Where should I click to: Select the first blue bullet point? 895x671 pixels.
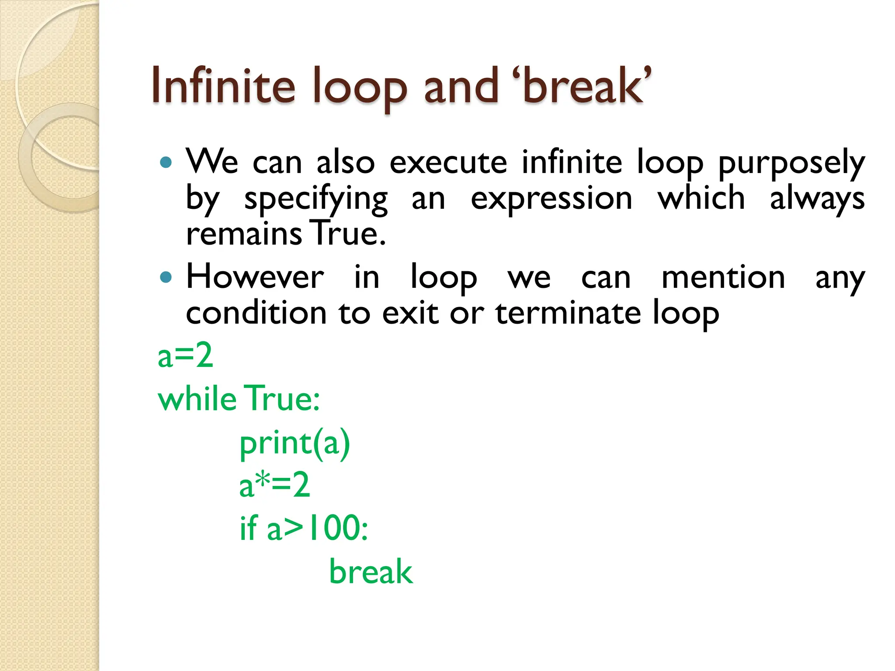pos(166,163)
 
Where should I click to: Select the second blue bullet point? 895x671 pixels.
pos(166,277)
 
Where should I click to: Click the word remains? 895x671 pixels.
pos(244,234)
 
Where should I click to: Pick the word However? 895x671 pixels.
pos(255,277)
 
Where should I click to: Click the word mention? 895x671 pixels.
pos(723,277)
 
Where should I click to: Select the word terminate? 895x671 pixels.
pos(568,313)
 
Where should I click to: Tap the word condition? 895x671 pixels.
pos(256,313)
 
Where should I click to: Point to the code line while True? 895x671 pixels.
pos(239,398)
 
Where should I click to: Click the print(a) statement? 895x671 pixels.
pos(295,443)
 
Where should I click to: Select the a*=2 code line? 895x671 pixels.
pos(274,485)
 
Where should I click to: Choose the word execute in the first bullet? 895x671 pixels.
pos(448,163)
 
